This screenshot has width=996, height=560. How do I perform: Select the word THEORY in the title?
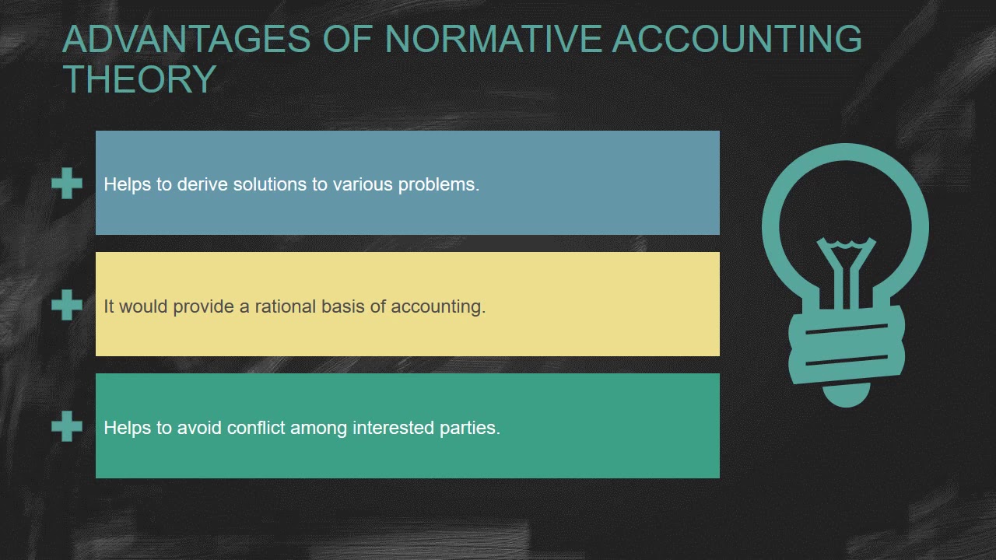(x=139, y=79)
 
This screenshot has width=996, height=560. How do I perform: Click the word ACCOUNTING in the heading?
(x=737, y=39)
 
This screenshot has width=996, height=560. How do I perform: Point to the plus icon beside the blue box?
(x=67, y=184)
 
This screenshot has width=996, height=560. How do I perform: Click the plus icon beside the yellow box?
(x=67, y=305)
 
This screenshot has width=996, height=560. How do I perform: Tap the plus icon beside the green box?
(x=67, y=426)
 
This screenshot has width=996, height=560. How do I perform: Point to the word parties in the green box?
(x=471, y=429)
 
